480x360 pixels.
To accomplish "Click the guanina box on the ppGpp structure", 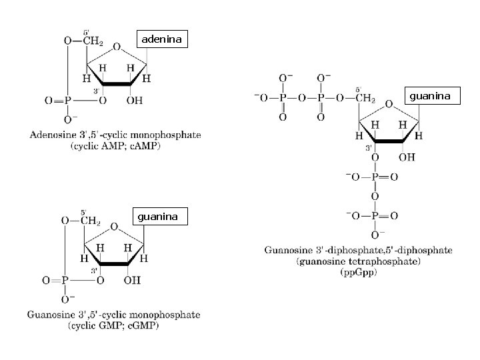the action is (x=430, y=97).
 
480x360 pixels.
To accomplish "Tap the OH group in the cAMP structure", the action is (x=134, y=101).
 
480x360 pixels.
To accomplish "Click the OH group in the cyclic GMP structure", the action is (x=133, y=280).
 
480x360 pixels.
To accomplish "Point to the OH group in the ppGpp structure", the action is (x=406, y=157).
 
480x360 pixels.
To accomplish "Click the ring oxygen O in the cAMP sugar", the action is (x=117, y=47).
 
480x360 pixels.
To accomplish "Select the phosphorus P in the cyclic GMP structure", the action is (x=65, y=280).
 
